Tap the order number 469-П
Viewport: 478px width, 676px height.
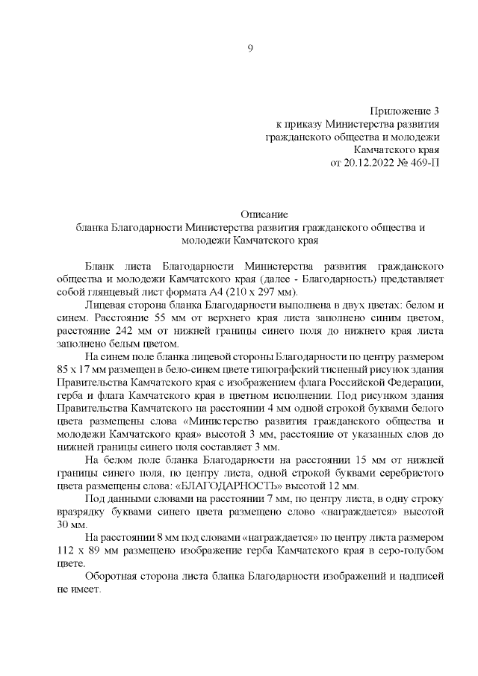(x=423, y=164)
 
